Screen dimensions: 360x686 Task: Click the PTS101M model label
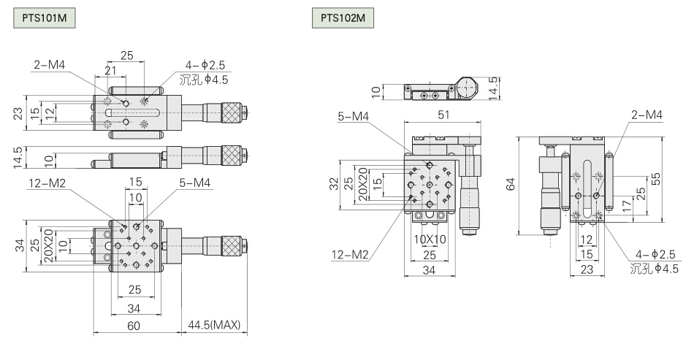[x=45, y=16]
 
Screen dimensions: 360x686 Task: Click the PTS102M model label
[x=342, y=16]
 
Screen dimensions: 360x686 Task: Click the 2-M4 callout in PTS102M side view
[x=647, y=114]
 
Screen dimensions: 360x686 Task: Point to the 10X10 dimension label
[x=430, y=238]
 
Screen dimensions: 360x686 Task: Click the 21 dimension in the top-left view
[x=110, y=69]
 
